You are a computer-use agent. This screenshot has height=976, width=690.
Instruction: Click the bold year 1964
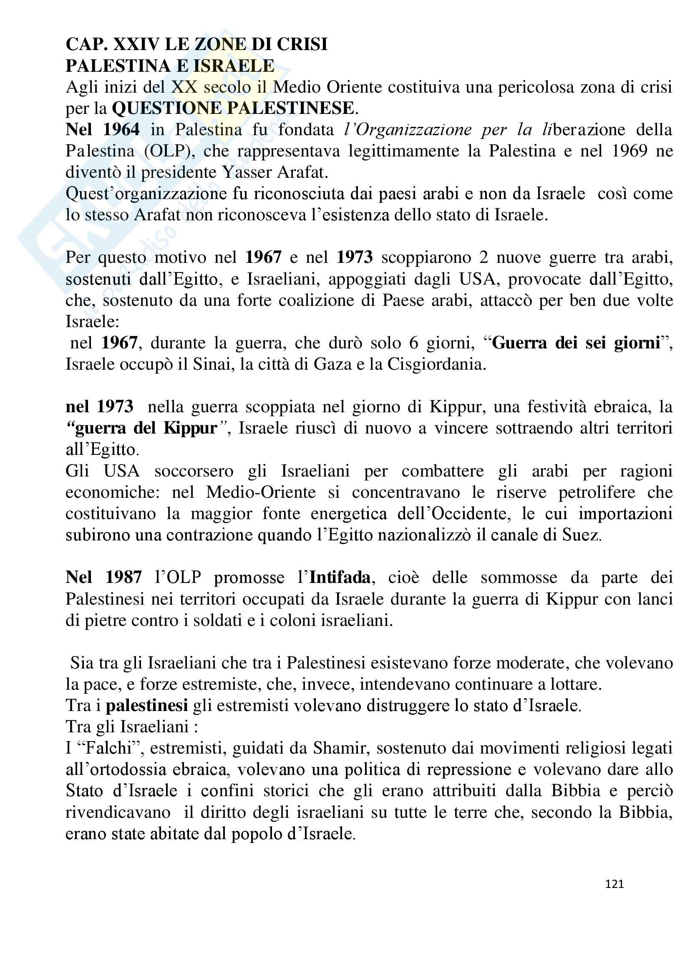(121, 130)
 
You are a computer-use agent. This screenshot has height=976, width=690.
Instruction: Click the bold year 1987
(123, 577)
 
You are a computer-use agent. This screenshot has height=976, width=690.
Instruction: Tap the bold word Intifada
(340, 577)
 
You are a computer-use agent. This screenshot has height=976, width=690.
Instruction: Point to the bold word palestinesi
(146, 706)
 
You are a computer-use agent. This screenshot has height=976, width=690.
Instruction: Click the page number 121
(614, 884)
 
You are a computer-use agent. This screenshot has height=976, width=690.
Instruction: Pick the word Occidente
(470, 514)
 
